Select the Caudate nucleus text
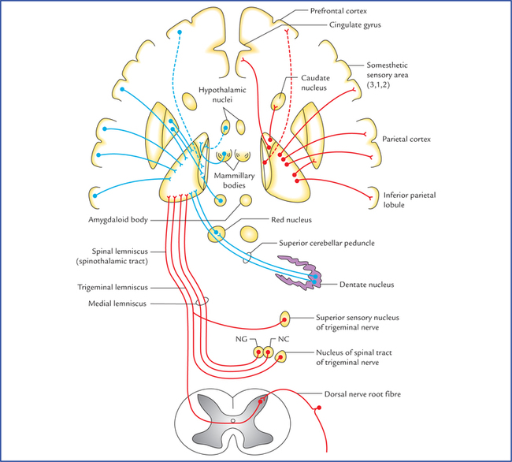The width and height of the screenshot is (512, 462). [x=317, y=84]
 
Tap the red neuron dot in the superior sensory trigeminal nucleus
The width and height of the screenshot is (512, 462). [x=284, y=319]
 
